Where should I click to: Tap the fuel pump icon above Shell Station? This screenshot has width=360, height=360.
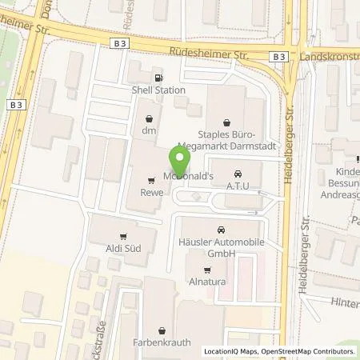158,78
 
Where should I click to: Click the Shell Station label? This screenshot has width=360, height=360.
158,90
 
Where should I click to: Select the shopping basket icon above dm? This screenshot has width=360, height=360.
148,118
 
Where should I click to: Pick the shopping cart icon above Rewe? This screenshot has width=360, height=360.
152,179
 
